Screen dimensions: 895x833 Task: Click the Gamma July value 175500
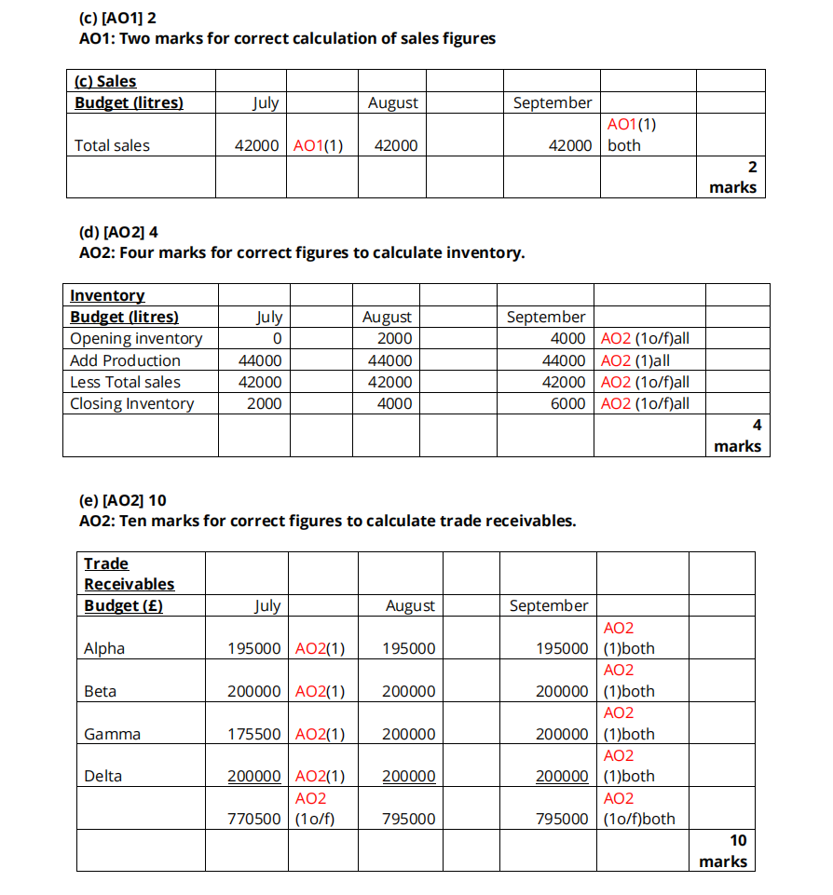[x=254, y=734]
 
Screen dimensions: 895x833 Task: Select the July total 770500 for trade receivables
[x=254, y=820]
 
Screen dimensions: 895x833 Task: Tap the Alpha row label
[x=104, y=648]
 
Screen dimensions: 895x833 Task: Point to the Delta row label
[x=103, y=776]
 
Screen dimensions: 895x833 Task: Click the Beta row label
[x=101, y=691]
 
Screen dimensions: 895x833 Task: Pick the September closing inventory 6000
[x=567, y=403]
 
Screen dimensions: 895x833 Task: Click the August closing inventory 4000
[x=395, y=403]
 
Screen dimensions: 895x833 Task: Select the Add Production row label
[x=126, y=360]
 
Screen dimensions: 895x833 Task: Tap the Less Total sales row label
[x=126, y=382]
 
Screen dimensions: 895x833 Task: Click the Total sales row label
[x=112, y=145]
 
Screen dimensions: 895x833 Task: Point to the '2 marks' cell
[x=733, y=177]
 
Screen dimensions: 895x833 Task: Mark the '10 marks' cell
[x=724, y=851]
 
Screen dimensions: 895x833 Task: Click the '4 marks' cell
[x=738, y=436]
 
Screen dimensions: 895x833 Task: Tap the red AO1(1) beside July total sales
[x=319, y=145]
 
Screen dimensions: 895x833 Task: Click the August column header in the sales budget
[x=393, y=102]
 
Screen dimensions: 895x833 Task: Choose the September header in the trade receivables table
[x=549, y=605]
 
